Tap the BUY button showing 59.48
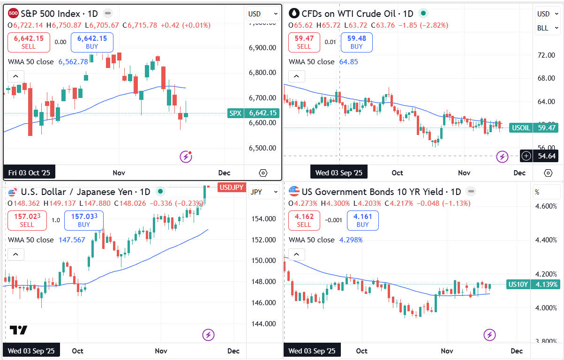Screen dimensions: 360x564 (x=356, y=42)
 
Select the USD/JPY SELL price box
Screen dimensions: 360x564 (x=27, y=220)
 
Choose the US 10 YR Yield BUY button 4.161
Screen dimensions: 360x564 (x=362, y=220)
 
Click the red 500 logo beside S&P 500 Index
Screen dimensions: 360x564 (x=14, y=14)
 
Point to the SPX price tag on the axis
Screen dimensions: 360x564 (x=253, y=113)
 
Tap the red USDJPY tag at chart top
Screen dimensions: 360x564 (x=232, y=187)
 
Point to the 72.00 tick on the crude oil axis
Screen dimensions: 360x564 (x=546, y=55)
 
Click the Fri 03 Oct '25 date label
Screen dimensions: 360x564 (x=29, y=172)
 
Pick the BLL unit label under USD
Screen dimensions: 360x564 (x=543, y=28)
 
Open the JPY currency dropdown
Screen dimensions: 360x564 (x=256, y=192)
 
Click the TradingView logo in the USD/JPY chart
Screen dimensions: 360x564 (x=18, y=330)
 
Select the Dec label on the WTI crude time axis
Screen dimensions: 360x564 (x=519, y=172)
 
